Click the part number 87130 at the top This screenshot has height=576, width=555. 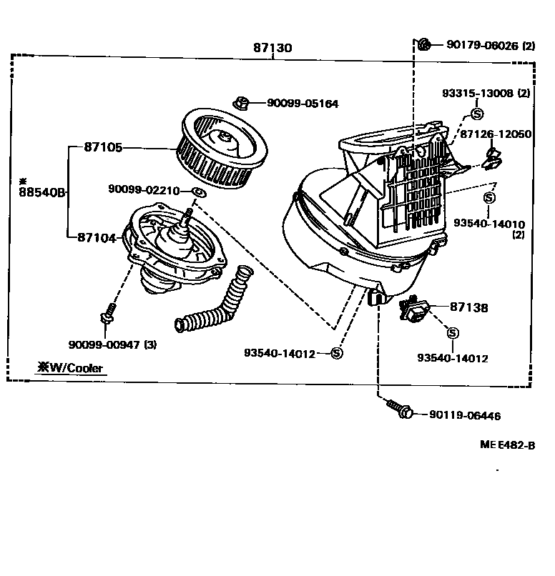tap(272, 48)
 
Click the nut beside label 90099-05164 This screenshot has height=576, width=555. tap(242, 104)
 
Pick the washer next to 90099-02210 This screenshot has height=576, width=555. tap(199, 191)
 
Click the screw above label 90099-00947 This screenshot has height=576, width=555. tap(108, 312)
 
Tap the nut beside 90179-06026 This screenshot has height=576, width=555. tap(423, 45)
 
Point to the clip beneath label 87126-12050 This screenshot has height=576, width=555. tap(492, 158)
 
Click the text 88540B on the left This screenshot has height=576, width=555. tap(42, 192)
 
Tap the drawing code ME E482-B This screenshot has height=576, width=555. tap(508, 445)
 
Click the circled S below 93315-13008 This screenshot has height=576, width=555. tap(478, 112)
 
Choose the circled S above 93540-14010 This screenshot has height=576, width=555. tap(490, 197)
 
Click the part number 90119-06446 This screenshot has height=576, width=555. tap(465, 415)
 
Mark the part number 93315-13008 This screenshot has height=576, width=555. tap(478, 93)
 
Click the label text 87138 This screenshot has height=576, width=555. tap(469, 307)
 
